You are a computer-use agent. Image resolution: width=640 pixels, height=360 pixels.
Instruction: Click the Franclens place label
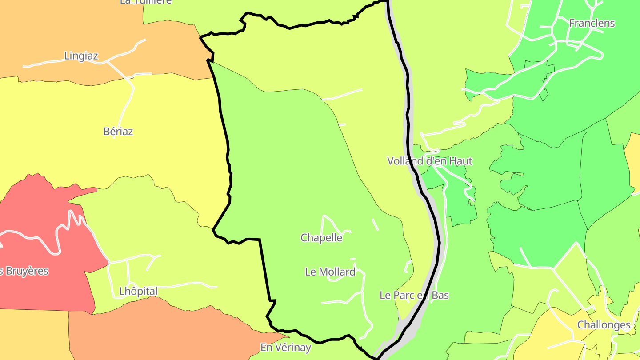coord(592,23)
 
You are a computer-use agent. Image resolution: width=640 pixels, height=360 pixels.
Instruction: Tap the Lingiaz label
coord(81,56)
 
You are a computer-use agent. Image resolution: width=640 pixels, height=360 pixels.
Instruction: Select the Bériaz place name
coord(118,132)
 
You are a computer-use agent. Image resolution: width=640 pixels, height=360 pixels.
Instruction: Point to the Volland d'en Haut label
coord(429,161)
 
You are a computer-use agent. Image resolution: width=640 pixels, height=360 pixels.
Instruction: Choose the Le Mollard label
coord(330,272)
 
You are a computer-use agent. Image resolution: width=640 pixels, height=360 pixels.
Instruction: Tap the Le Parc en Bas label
coord(414,295)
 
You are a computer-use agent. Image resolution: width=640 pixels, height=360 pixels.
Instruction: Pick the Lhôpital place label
coord(138,292)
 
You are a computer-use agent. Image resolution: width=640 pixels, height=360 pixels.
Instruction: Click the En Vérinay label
coord(285,348)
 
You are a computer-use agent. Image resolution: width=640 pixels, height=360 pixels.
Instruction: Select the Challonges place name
coord(604,325)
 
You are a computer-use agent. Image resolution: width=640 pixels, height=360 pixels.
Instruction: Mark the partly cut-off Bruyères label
coord(24,271)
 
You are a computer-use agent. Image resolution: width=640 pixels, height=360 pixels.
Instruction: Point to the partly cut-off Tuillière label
coord(146,2)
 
